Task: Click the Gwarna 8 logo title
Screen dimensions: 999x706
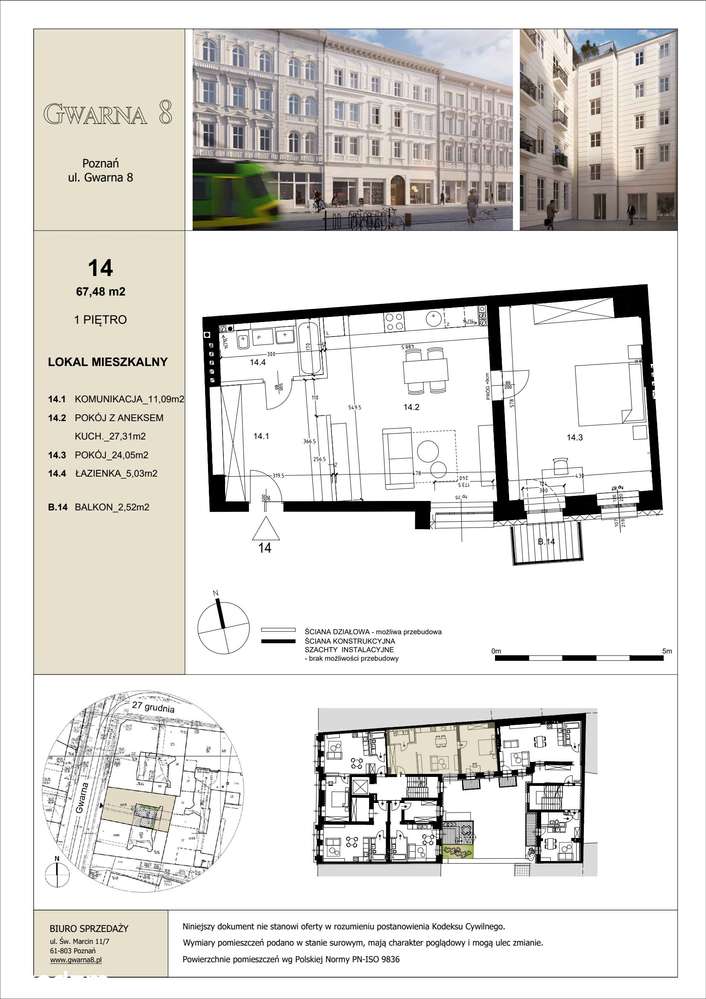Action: pos(108,113)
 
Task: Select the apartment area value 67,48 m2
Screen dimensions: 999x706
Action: pos(99,292)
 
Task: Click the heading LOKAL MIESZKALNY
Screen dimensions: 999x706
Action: pos(107,362)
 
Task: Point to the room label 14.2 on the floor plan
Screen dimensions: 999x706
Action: pos(411,408)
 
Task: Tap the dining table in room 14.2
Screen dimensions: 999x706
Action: pos(426,371)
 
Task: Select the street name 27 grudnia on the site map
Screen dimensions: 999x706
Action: pos(151,706)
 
